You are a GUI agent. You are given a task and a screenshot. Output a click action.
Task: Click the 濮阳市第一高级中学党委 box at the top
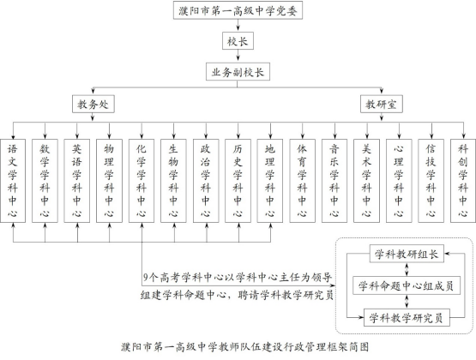coord(238,10)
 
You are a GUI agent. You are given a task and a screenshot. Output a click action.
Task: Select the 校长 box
coord(238,41)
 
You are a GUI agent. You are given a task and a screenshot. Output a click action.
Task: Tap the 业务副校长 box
coord(238,72)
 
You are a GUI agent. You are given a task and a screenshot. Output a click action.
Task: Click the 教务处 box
coord(93,104)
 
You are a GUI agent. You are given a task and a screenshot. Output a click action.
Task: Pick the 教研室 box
coord(382,104)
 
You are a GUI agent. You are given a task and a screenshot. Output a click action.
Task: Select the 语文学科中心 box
coord(13,181)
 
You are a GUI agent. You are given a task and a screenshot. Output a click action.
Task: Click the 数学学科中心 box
coord(45,181)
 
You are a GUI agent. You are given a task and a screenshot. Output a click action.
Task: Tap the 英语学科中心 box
coord(77,181)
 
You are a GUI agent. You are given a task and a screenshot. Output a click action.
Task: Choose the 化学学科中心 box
coord(142,181)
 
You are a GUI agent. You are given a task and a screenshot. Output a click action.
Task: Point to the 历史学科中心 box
coord(238,181)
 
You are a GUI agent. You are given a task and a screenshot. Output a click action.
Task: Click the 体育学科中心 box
coord(302,181)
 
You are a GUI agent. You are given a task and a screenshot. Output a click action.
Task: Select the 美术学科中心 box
coord(366,181)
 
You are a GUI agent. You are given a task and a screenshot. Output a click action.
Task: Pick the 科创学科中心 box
coord(463,181)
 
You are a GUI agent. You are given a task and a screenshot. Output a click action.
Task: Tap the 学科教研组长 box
coord(407,254)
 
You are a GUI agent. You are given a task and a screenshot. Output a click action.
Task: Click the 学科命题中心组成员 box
coord(407,285)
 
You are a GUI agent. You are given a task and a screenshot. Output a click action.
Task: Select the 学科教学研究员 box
coord(407,317)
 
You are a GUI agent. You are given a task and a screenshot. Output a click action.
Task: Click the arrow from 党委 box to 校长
coord(238,25)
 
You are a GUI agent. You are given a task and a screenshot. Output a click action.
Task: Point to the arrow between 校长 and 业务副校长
coord(238,56)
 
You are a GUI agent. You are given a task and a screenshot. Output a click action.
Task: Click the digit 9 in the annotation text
coord(146,277)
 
